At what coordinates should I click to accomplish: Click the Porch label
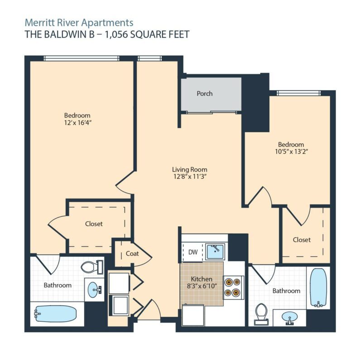click(x=205, y=94)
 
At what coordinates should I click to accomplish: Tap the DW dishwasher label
click(x=193, y=252)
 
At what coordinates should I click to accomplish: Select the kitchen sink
click(x=215, y=252)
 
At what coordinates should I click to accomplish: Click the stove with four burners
click(x=233, y=287)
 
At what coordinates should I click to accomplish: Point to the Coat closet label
click(x=132, y=253)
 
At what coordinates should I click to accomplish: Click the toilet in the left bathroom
click(x=92, y=267)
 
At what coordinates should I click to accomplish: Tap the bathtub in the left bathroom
click(x=55, y=314)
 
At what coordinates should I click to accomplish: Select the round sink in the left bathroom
click(x=95, y=290)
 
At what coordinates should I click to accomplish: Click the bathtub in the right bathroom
click(x=318, y=288)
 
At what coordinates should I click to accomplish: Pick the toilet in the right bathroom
click(x=261, y=314)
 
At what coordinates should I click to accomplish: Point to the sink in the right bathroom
click(x=290, y=318)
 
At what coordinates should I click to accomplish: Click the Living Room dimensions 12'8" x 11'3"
click(x=190, y=177)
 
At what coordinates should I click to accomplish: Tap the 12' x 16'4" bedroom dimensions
click(x=78, y=123)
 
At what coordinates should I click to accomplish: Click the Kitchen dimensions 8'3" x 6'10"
click(x=202, y=286)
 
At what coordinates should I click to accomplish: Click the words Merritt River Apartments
click(x=79, y=23)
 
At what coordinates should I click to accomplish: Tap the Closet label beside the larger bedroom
click(x=94, y=224)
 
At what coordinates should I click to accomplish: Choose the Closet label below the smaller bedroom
click(x=302, y=240)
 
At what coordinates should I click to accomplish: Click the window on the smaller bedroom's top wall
click(x=299, y=93)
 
